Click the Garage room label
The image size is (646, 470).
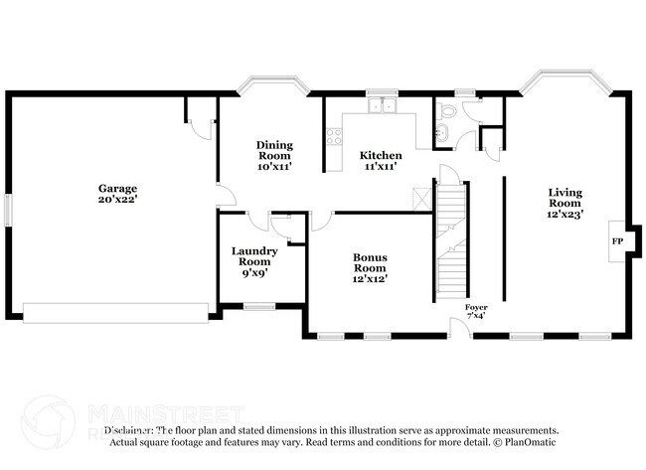(116, 188)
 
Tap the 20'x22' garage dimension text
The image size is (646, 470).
(116, 199)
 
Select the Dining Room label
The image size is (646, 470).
(274, 150)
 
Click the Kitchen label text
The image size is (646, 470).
(381, 156)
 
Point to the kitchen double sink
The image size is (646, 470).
(382, 105)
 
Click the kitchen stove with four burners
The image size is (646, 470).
(333, 136)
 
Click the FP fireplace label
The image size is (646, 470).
(616, 241)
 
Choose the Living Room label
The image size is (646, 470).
(565, 197)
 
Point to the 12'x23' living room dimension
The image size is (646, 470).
(565, 212)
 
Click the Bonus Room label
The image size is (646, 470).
(370, 262)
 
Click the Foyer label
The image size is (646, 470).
(476, 308)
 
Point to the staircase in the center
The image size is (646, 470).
(452, 238)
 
